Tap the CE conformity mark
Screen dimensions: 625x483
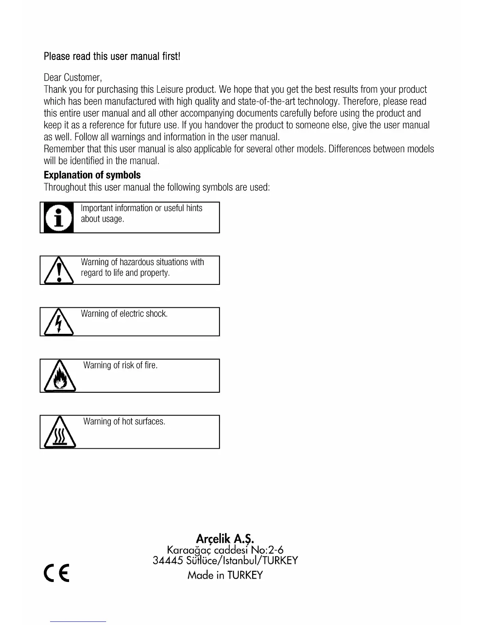[56, 573]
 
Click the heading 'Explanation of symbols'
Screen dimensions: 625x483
[92, 175]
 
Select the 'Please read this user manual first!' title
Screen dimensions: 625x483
[112, 56]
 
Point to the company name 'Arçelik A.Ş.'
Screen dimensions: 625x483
[225, 538]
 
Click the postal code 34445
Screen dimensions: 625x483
[165, 561]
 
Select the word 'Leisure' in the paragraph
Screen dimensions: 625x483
[170, 89]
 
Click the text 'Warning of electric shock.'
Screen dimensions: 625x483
[124, 314]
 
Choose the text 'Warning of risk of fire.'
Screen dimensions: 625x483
[120, 365]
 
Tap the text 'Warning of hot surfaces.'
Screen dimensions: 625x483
[124, 421]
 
